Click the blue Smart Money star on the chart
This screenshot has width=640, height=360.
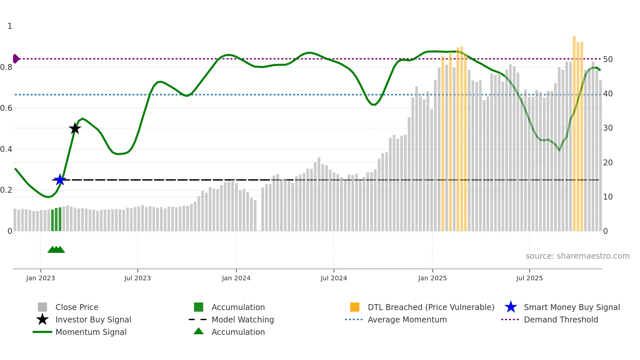pyautogui.click(x=60, y=180)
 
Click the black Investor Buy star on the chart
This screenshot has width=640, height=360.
pyautogui.click(x=75, y=128)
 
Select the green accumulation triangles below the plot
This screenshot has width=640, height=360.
pyautogui.click(x=56, y=250)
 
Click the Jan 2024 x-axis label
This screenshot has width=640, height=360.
pyautogui.click(x=236, y=278)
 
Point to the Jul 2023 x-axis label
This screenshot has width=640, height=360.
pyautogui.click(x=137, y=278)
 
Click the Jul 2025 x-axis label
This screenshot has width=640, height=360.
pyautogui.click(x=529, y=278)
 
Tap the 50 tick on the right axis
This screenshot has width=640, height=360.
pyautogui.click(x=608, y=59)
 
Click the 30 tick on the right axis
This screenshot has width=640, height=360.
pyautogui.click(x=608, y=128)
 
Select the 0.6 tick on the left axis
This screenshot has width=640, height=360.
pyautogui.click(x=7, y=108)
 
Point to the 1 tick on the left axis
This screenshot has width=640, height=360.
pyautogui.click(x=10, y=26)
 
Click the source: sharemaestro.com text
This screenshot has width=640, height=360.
pyautogui.click(x=577, y=256)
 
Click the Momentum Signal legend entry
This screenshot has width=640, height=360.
pyautogui.click(x=91, y=332)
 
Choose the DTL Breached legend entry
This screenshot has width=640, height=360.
pyautogui.click(x=431, y=307)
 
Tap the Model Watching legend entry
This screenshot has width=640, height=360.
pyautogui.click(x=243, y=319)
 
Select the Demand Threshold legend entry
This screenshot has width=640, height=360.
pyautogui.click(x=561, y=319)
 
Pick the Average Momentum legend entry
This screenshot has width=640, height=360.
pyautogui.click(x=407, y=319)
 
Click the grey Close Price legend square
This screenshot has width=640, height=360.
pyautogui.click(x=42, y=307)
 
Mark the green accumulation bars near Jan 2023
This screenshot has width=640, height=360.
pyautogui.click(x=56, y=220)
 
